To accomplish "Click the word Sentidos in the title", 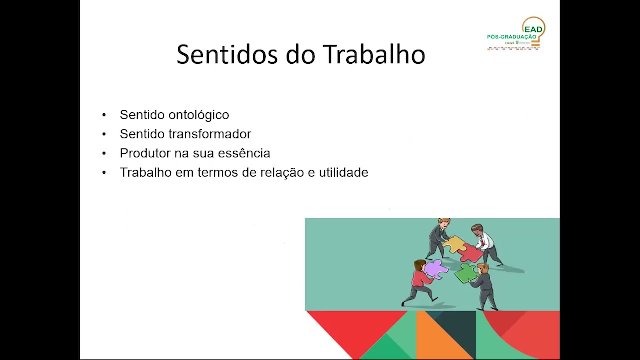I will click(x=227, y=54).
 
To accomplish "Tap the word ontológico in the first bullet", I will click(x=199, y=115).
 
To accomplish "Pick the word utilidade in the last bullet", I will click(x=343, y=172).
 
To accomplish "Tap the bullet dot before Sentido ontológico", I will click(x=104, y=115).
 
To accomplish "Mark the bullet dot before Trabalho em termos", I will click(x=104, y=173).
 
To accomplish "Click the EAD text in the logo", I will click(x=533, y=30).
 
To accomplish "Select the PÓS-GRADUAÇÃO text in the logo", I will click(x=511, y=37).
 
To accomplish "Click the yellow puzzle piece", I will click(x=454, y=244).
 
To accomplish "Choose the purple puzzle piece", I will click(x=435, y=268).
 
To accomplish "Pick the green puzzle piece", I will click(x=465, y=273).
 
